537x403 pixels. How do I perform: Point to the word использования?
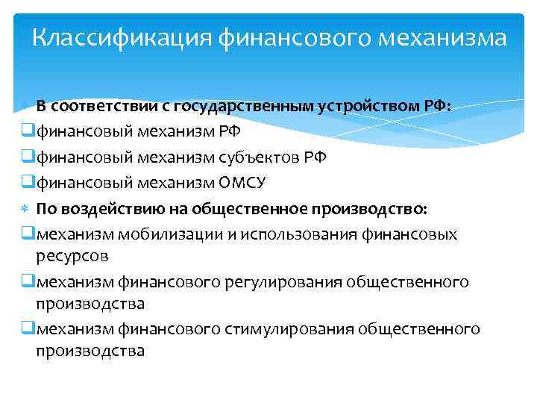(x=304, y=234)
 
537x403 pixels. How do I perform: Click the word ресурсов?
(x=72, y=255)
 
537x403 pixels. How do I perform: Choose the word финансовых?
(x=418, y=234)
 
